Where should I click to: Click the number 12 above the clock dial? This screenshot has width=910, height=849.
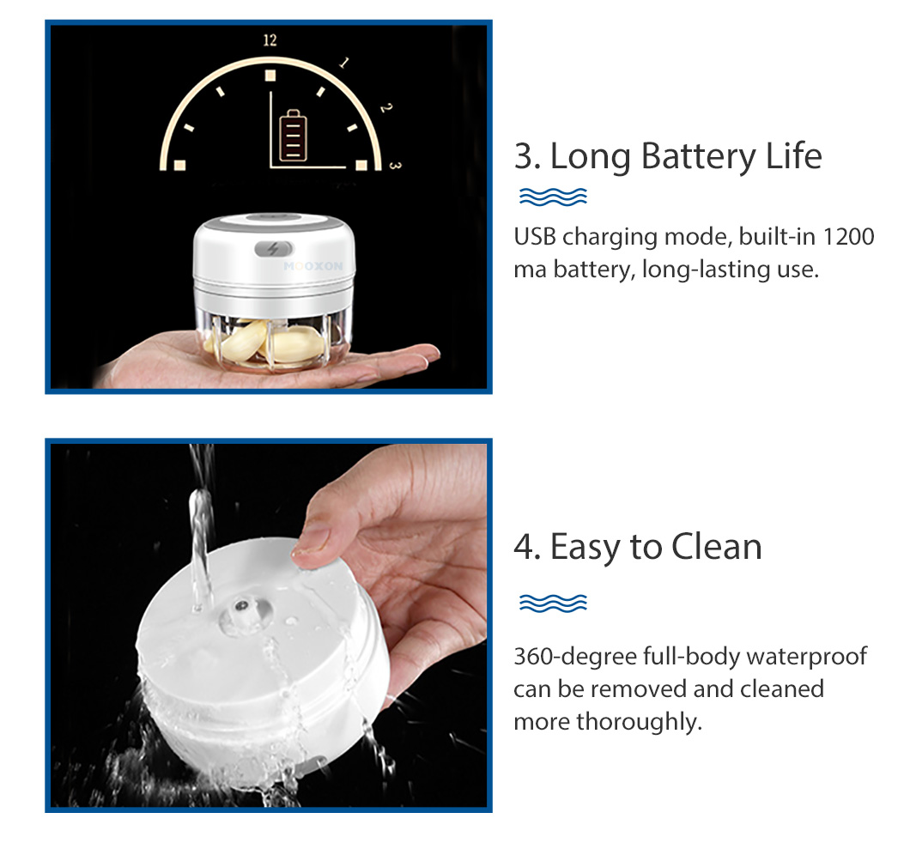(x=270, y=40)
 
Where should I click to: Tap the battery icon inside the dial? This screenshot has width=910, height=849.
(x=293, y=136)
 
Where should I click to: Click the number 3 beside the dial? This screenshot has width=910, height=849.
(x=395, y=166)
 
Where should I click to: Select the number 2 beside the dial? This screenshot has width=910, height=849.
(x=386, y=107)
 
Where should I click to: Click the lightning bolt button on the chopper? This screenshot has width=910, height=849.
(x=273, y=249)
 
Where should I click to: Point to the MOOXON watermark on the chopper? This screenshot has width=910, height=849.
(x=313, y=266)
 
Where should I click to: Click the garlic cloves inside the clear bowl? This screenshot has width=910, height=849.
(x=264, y=343)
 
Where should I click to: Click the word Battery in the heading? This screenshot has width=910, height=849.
(x=699, y=156)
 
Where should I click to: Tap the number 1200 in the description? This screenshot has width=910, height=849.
(x=848, y=237)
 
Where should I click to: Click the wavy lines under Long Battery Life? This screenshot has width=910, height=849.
(x=553, y=197)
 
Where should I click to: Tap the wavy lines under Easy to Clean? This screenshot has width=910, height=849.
(x=553, y=603)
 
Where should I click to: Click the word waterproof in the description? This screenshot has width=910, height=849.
(x=807, y=657)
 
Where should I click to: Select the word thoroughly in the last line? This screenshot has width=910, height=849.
(x=639, y=722)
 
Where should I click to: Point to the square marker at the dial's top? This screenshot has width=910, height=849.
(x=270, y=76)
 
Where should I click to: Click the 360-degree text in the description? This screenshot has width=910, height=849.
(x=575, y=657)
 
